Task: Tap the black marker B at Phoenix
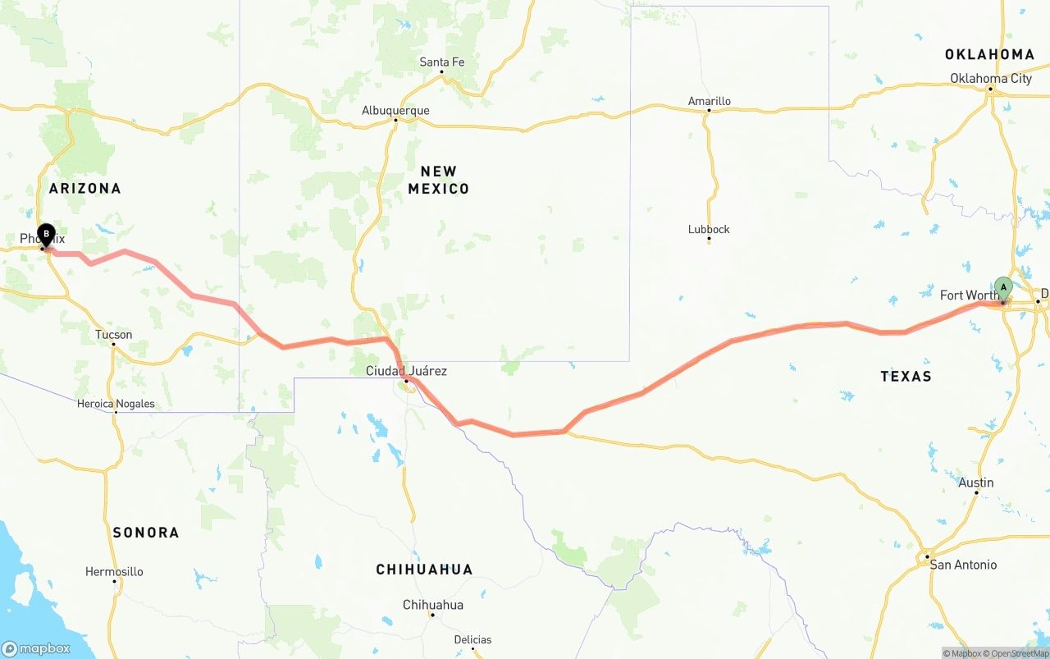pyautogui.click(x=46, y=235)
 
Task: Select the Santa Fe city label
pyautogui.click(x=441, y=62)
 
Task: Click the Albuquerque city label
pyautogui.click(x=395, y=111)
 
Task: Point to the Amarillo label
pyautogui.click(x=709, y=102)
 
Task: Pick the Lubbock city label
pyautogui.click(x=709, y=230)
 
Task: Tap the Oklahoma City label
pyautogui.click(x=991, y=79)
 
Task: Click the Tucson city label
pyautogui.click(x=113, y=335)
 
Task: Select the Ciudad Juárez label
pyautogui.click(x=406, y=371)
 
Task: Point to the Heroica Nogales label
pyautogui.click(x=116, y=404)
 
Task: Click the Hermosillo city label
pyautogui.click(x=114, y=572)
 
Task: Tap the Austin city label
pyautogui.click(x=976, y=483)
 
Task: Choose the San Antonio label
pyautogui.click(x=963, y=565)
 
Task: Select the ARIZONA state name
pyautogui.click(x=84, y=188)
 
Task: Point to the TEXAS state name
pyautogui.click(x=906, y=376)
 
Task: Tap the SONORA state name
pyautogui.click(x=146, y=533)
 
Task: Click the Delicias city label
pyautogui.click(x=472, y=640)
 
